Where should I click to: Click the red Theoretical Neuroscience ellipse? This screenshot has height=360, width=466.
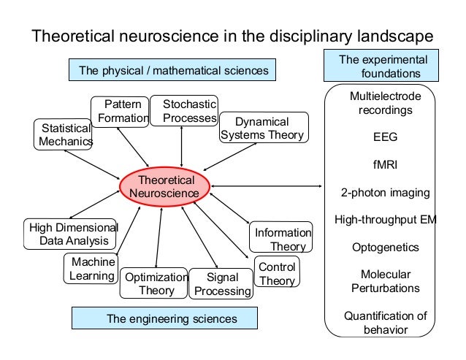point(166,186)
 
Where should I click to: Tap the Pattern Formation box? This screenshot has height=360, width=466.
point(120,111)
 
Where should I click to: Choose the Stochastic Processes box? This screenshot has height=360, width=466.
point(184,111)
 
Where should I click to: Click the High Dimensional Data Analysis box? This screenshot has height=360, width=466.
point(71,234)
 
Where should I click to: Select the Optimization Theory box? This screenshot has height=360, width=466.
point(156,283)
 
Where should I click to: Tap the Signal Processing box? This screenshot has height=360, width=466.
point(220,284)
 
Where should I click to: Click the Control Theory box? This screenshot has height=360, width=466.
point(277,274)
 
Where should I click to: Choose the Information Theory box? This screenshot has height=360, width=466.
point(283,240)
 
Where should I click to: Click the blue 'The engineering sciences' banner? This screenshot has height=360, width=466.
point(164,318)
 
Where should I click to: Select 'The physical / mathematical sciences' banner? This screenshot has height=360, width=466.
point(173,70)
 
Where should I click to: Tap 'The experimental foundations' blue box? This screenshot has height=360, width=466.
point(379,66)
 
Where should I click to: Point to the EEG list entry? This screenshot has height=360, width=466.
point(384,136)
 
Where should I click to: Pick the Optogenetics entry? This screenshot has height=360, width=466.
point(385,248)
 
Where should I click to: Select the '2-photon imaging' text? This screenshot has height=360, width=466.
point(385,193)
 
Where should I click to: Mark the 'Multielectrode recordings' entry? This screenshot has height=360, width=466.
point(384,103)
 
